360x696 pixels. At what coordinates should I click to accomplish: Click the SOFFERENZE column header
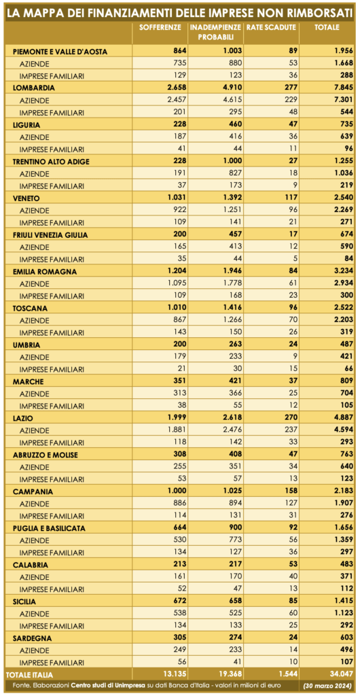click(x=160, y=27)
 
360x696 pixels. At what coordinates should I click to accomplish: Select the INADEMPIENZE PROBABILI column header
click(x=216, y=31)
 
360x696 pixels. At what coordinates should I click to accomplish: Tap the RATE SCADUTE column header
click(x=270, y=27)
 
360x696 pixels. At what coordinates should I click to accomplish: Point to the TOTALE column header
click(x=327, y=27)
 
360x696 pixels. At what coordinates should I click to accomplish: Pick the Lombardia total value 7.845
click(x=342, y=88)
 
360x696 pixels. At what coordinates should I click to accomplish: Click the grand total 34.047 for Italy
click(x=340, y=675)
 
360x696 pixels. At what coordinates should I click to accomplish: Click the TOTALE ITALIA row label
click(x=29, y=675)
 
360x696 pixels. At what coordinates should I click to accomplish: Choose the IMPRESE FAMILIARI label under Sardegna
click(x=52, y=663)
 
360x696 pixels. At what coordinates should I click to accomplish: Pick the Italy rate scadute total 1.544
click(x=286, y=675)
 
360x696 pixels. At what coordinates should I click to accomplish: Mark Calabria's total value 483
click(x=346, y=565)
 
